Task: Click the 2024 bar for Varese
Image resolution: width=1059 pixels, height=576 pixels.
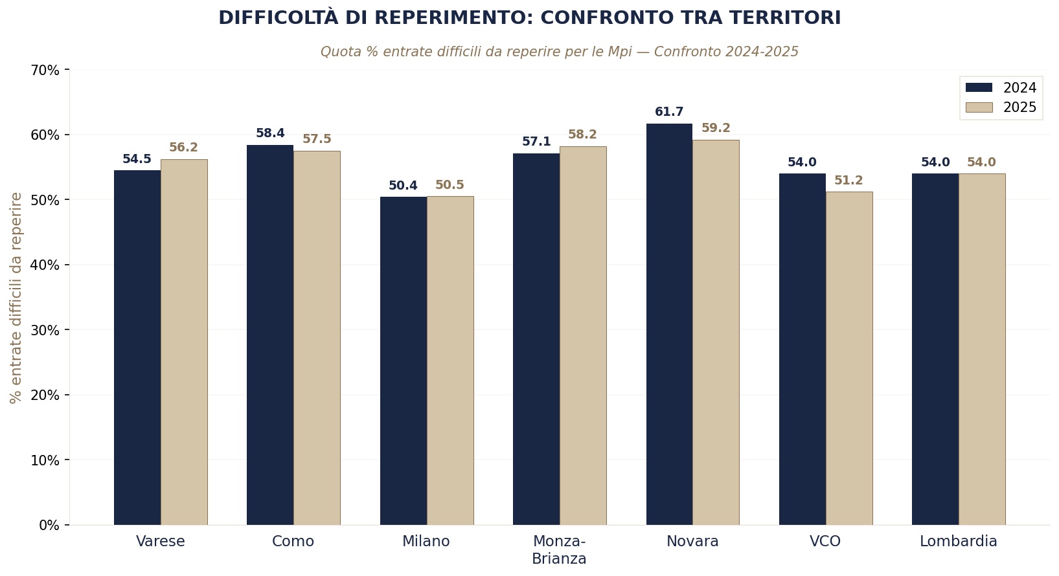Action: (137, 348)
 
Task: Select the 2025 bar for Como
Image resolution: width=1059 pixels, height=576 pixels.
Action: (317, 338)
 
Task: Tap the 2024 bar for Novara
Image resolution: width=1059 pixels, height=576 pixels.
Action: (669, 324)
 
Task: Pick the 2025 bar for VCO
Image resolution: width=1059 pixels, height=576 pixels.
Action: (849, 358)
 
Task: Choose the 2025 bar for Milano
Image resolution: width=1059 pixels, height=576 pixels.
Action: (450, 360)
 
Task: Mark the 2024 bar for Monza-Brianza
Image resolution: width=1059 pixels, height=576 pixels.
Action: (536, 339)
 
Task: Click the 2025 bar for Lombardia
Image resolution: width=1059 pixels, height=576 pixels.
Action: (982, 349)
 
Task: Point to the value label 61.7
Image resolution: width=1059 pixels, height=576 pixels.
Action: (669, 112)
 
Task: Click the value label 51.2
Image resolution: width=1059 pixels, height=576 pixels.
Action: (848, 181)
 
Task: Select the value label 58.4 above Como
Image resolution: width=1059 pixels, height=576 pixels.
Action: (270, 133)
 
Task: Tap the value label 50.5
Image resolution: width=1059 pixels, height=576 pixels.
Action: (450, 185)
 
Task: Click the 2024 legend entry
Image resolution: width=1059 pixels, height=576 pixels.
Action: (1001, 88)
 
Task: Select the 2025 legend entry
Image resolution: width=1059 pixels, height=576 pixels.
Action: (1001, 107)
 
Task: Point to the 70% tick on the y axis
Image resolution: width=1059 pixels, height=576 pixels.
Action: (45, 70)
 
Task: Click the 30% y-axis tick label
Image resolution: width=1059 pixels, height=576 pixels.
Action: (45, 330)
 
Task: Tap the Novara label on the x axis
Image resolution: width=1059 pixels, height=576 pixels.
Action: (692, 542)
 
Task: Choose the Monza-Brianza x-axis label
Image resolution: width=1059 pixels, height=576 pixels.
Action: (559, 549)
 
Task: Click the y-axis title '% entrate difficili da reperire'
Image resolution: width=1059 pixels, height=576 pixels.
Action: (16, 298)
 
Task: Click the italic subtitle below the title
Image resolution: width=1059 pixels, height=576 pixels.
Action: (559, 52)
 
